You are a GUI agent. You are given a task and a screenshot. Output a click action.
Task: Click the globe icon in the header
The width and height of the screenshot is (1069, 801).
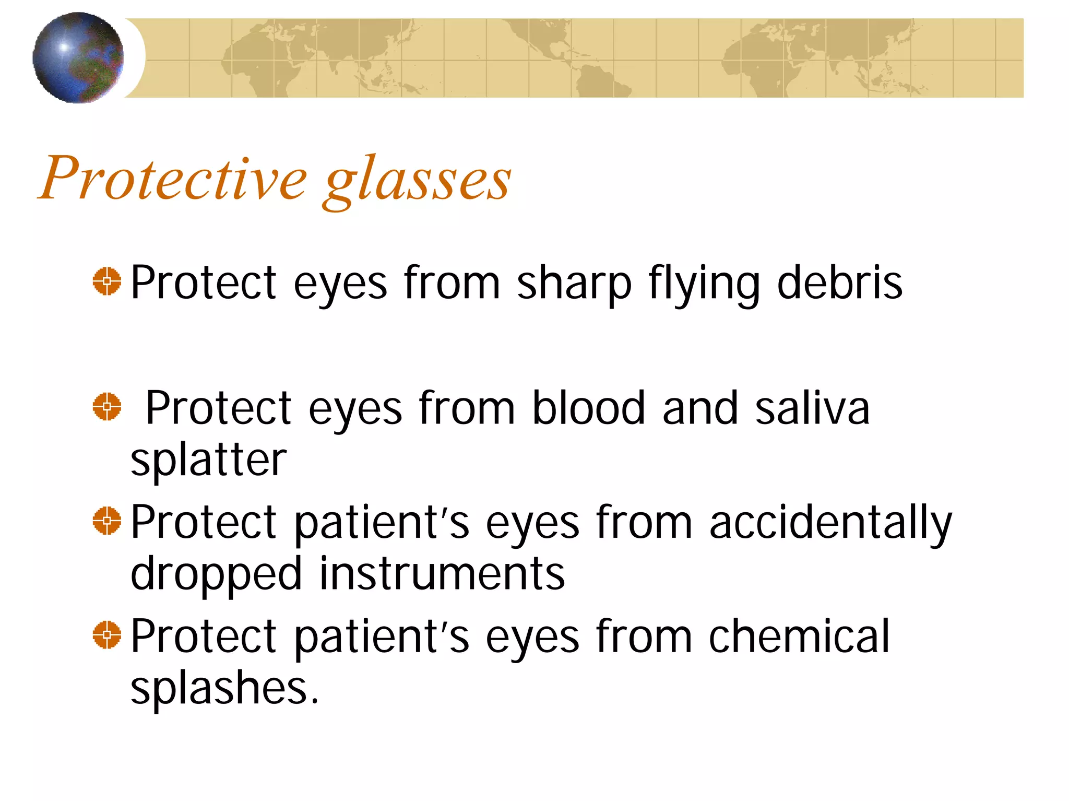[x=78, y=57]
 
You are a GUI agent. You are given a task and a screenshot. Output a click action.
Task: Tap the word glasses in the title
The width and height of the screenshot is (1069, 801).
[x=417, y=180]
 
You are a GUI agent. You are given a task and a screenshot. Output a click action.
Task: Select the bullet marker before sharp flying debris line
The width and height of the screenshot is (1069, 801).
[x=107, y=281]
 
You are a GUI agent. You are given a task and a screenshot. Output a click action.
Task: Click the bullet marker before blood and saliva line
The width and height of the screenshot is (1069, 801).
[x=107, y=407]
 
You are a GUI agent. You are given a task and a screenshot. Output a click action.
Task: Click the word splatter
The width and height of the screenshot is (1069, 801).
[x=208, y=461]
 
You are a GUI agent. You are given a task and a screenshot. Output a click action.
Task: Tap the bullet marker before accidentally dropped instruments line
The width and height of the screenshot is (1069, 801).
[x=107, y=521]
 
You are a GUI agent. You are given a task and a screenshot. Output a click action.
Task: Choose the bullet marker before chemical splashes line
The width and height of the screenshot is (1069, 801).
[x=107, y=635]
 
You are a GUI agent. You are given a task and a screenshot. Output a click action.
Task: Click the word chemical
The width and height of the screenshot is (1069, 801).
[x=799, y=636]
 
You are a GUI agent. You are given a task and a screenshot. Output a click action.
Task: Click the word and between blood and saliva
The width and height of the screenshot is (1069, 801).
[x=700, y=408]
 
